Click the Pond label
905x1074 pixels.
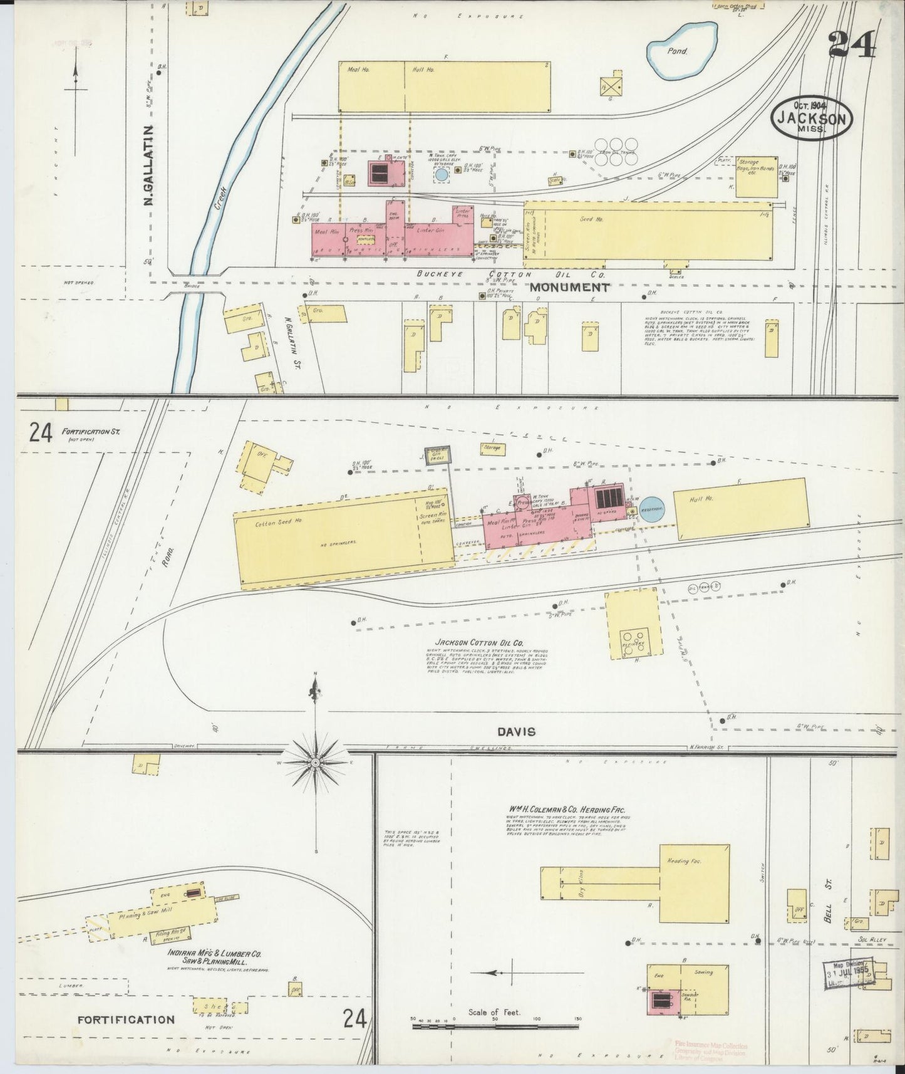tap(680, 51)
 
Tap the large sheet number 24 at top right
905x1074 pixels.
tap(852, 44)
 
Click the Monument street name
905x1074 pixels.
tap(569, 288)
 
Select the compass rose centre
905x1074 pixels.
tap(316, 762)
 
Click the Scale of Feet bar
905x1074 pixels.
tap(495, 1026)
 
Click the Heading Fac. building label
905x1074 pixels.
tap(685, 861)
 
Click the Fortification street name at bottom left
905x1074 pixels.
tap(126, 1019)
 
